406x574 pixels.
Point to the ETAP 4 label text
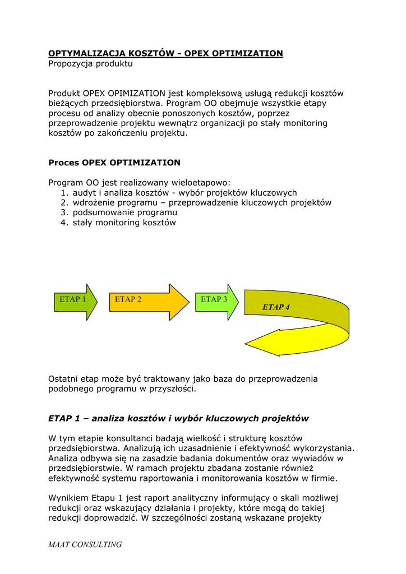pos(276,307)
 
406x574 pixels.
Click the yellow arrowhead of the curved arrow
pos(269,342)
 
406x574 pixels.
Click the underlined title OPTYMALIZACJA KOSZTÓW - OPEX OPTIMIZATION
pos(165,53)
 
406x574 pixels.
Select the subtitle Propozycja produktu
pos(90,64)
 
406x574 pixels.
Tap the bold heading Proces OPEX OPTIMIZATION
pos(114,163)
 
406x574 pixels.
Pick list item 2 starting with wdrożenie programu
pos(202,202)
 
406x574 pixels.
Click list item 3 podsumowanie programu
pos(124,212)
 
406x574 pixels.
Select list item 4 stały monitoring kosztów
pos(124,223)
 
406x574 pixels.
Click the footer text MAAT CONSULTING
pos(85,544)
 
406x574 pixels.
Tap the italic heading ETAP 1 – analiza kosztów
pos(178,418)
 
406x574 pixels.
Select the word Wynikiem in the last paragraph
pos(68,498)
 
